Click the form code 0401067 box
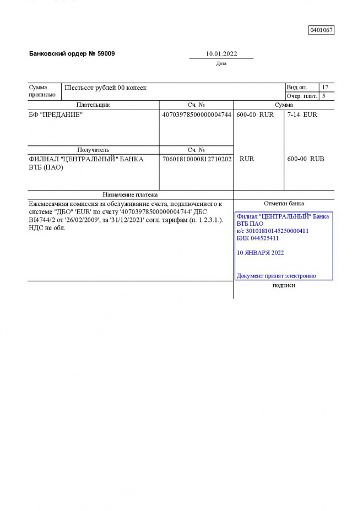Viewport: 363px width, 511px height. click(x=321, y=30)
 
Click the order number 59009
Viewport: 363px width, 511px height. click(x=106, y=54)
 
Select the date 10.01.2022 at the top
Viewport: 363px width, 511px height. click(x=221, y=54)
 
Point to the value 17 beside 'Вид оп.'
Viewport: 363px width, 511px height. click(x=325, y=88)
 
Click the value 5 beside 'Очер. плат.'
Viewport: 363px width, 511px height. click(x=324, y=96)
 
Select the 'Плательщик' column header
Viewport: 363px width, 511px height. click(x=93, y=105)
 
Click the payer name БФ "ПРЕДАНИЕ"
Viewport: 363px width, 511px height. click(x=56, y=115)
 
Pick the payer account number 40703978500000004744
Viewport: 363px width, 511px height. click(x=197, y=115)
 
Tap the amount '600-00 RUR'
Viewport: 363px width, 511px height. click(x=254, y=115)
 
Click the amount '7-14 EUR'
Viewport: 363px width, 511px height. click(x=302, y=115)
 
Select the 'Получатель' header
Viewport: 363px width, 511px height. click(x=93, y=150)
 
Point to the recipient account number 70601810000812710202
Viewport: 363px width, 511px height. click(x=197, y=159)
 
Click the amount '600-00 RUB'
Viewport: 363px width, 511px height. click(x=306, y=159)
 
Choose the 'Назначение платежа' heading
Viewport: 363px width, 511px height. click(x=131, y=194)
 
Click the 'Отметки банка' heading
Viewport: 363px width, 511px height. click(x=284, y=204)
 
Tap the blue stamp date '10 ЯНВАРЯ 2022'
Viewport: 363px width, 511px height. click(x=260, y=253)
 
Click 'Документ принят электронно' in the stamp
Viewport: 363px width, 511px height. click(x=276, y=276)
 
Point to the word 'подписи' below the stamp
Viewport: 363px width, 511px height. click(x=284, y=285)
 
